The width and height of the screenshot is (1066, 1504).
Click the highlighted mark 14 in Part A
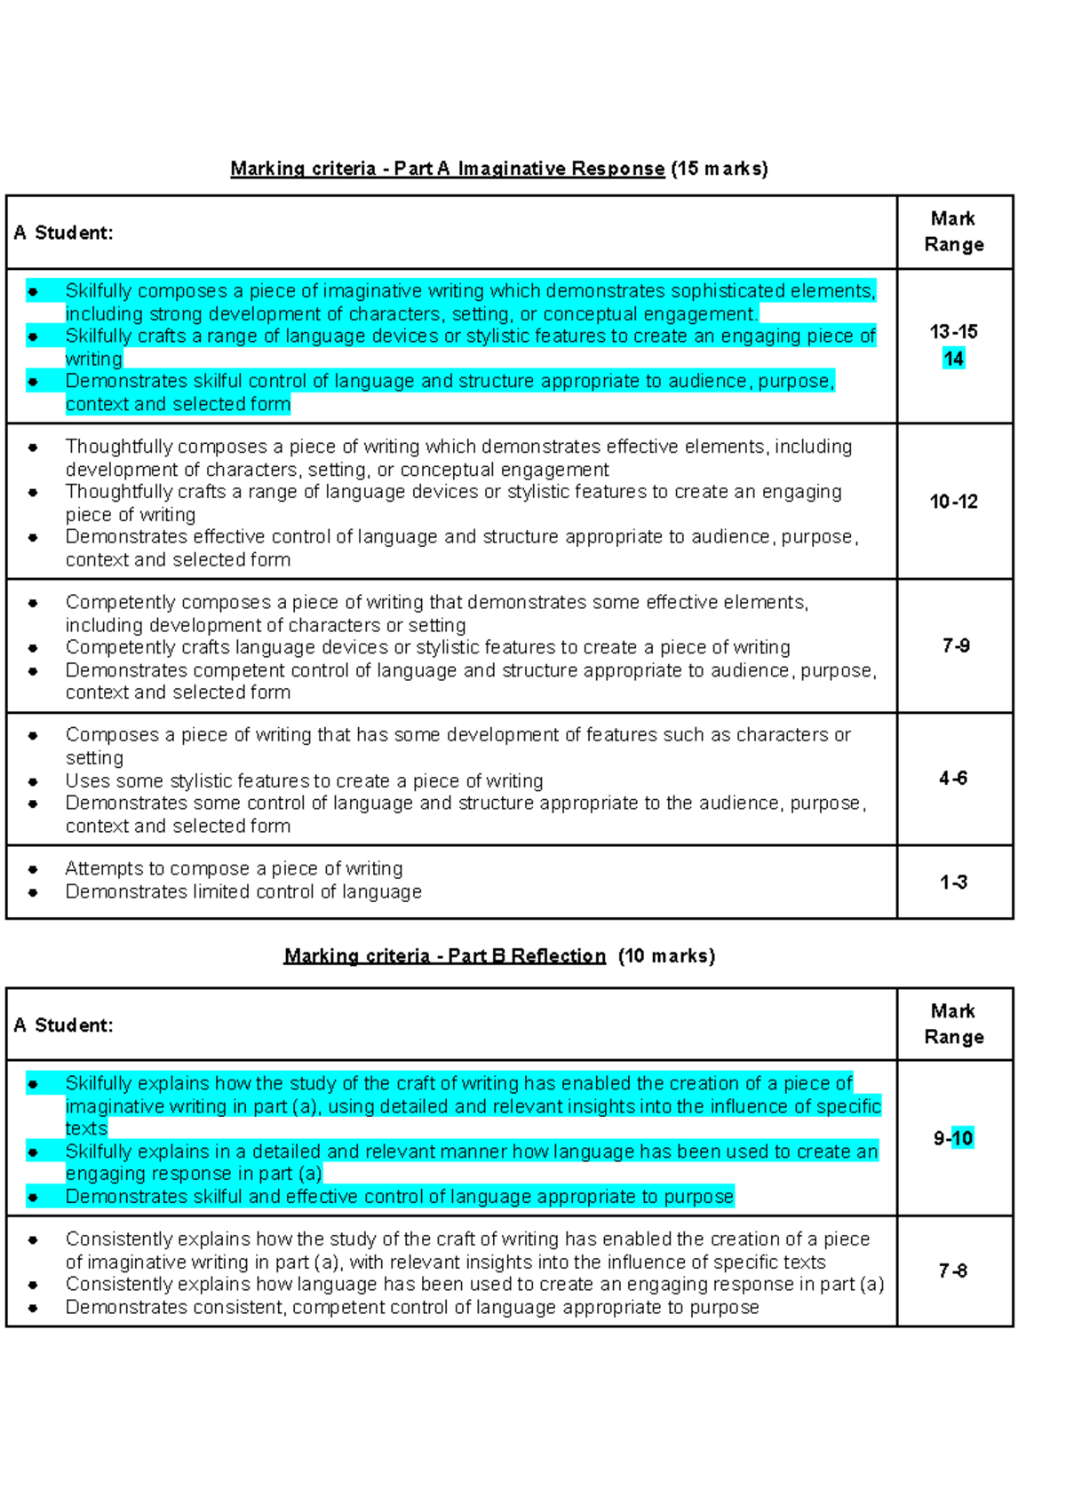pyautogui.click(x=953, y=359)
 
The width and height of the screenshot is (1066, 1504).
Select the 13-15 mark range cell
pyautogui.click(x=953, y=332)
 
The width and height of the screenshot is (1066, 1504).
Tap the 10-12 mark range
pyautogui.click(x=953, y=502)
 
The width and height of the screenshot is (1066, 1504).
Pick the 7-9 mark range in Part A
pyautogui.click(x=956, y=645)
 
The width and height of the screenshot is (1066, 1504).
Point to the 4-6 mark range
pyautogui.click(x=953, y=779)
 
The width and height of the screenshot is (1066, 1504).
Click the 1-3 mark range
pyautogui.click(x=953, y=883)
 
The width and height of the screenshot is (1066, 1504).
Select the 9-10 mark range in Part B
pyautogui.click(x=953, y=1138)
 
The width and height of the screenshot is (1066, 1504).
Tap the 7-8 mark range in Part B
pyautogui.click(x=953, y=1271)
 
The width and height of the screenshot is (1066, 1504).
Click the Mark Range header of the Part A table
pyautogui.click(x=953, y=232)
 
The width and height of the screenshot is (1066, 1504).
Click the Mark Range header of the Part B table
pyautogui.click(x=953, y=1024)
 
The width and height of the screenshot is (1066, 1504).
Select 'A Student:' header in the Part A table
pyautogui.click(x=63, y=233)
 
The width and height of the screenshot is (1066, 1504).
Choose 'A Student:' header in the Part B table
pyautogui.click(x=63, y=1025)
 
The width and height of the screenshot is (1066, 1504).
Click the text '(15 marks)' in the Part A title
pyautogui.click(x=719, y=169)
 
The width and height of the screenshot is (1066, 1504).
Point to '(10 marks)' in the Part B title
pyautogui.click(x=666, y=956)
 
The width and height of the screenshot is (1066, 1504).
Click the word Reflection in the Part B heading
pyautogui.click(x=558, y=956)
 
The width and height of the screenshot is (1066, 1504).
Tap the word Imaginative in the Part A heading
pyautogui.click(x=512, y=169)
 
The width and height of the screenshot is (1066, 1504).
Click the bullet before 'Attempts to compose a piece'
pyautogui.click(x=33, y=869)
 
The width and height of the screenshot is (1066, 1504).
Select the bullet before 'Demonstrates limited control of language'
pyautogui.click(x=33, y=892)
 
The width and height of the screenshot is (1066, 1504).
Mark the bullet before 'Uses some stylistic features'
pyautogui.click(x=33, y=782)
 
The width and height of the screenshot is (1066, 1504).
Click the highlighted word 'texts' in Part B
pyautogui.click(x=86, y=1128)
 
